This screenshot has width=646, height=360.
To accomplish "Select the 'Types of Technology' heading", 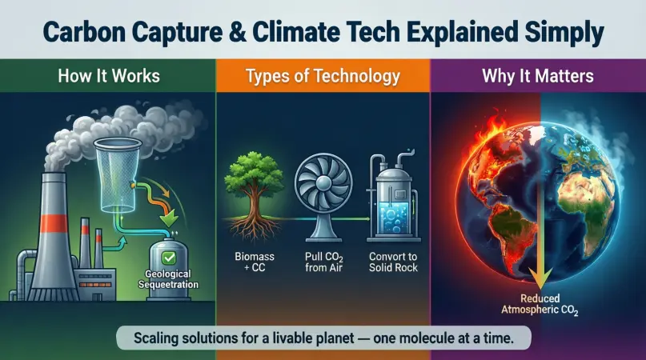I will (323, 77).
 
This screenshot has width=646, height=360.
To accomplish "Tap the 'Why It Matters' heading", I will (537, 77).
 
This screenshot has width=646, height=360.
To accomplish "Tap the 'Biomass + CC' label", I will (251, 260).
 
